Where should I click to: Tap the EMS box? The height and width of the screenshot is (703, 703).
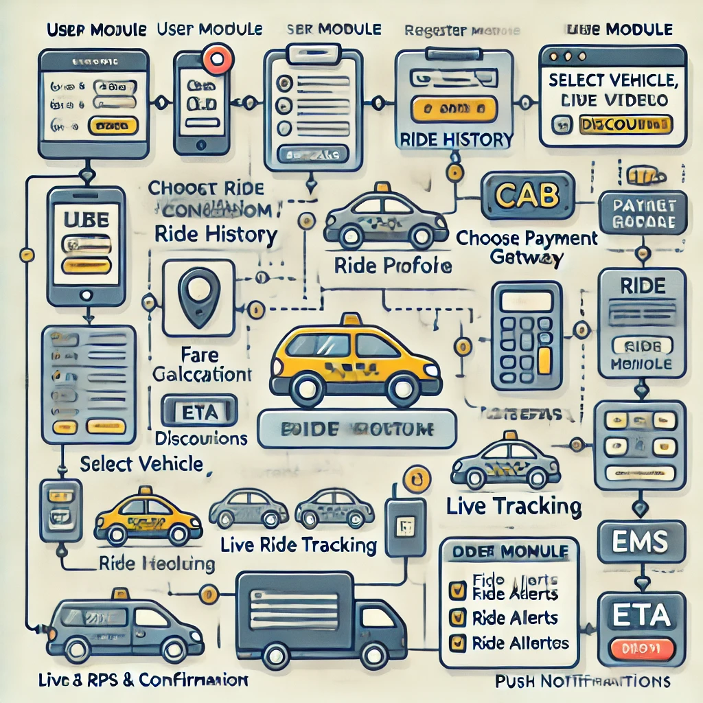pos(632,543)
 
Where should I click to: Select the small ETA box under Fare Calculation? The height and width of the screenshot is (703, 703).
pos(198,412)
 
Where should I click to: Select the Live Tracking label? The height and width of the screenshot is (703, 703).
pos(514,507)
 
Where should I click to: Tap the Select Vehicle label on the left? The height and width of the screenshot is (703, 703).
pos(141,464)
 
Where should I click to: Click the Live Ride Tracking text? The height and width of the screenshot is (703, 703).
pos(299,546)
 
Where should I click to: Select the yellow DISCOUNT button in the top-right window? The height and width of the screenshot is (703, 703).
pos(625,125)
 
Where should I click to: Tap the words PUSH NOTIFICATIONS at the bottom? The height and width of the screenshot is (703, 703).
pos(582,682)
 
